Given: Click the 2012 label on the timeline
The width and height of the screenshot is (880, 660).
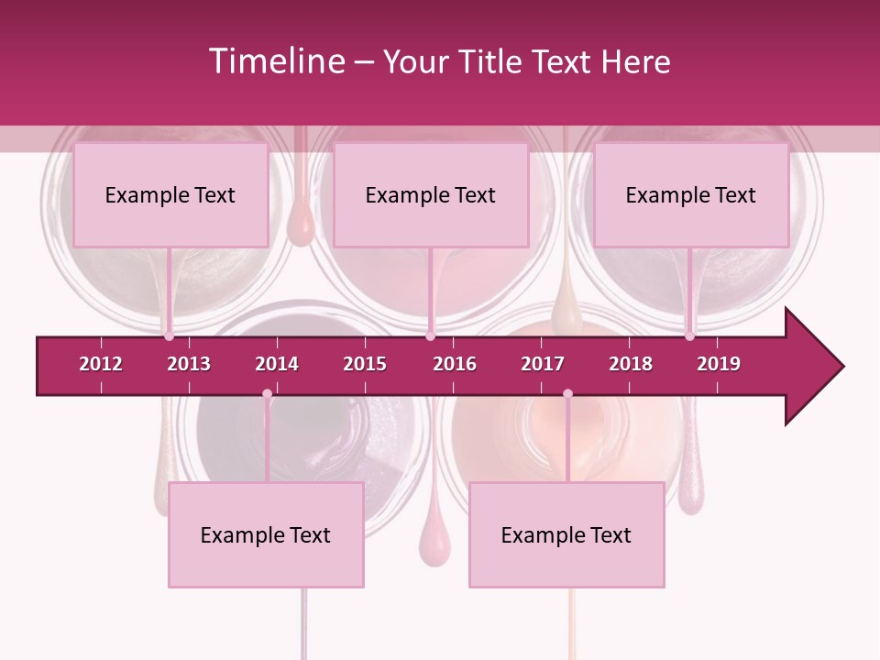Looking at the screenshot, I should click(101, 364).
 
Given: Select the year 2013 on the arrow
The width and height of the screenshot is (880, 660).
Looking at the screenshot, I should click(189, 364).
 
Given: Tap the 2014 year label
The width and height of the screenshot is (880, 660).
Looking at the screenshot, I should click(277, 364).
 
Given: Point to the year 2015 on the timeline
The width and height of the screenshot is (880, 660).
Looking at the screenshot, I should click(365, 364).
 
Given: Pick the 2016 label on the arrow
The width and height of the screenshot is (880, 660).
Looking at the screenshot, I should click(455, 364).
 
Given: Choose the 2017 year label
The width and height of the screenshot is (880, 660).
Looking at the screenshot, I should click(543, 364).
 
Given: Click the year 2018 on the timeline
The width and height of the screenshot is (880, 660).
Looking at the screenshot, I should click(631, 364).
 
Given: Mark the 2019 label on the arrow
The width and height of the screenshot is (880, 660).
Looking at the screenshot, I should click(719, 364).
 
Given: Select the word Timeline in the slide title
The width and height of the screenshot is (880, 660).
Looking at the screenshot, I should click(277, 61).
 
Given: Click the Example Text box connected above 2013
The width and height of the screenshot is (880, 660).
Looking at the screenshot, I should click(170, 194).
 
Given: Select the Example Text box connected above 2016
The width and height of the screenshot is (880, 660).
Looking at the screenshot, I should click(431, 194).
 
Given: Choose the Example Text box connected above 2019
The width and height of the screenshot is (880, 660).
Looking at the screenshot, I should click(691, 194).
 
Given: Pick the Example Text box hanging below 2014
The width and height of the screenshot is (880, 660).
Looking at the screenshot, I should click(266, 534).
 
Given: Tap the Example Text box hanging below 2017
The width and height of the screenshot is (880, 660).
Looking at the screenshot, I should click(566, 534).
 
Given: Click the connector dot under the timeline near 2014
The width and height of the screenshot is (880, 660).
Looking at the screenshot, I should click(267, 393).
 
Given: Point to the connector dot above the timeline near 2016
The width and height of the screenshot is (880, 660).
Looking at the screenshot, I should click(431, 335).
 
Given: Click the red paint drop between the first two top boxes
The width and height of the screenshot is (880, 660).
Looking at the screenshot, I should click(300, 225).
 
